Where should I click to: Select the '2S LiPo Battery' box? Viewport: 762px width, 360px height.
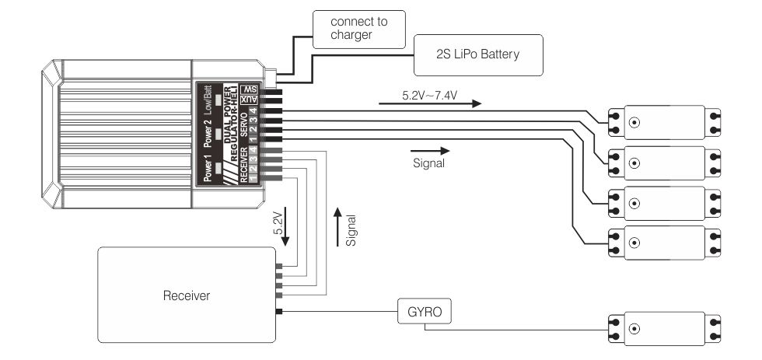click(478, 55)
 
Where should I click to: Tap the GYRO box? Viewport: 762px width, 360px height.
click(424, 313)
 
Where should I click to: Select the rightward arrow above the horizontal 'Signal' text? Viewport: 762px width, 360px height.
click(429, 150)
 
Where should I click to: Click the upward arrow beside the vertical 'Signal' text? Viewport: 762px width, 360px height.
click(335, 226)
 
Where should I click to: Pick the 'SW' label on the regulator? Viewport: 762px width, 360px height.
click(250, 89)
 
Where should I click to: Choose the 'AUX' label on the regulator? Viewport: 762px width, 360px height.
click(250, 101)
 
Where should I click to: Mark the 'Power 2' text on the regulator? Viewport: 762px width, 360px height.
click(208, 134)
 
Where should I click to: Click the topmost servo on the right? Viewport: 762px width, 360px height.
click(664, 122)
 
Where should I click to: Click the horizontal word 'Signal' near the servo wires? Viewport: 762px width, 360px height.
click(429, 164)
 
